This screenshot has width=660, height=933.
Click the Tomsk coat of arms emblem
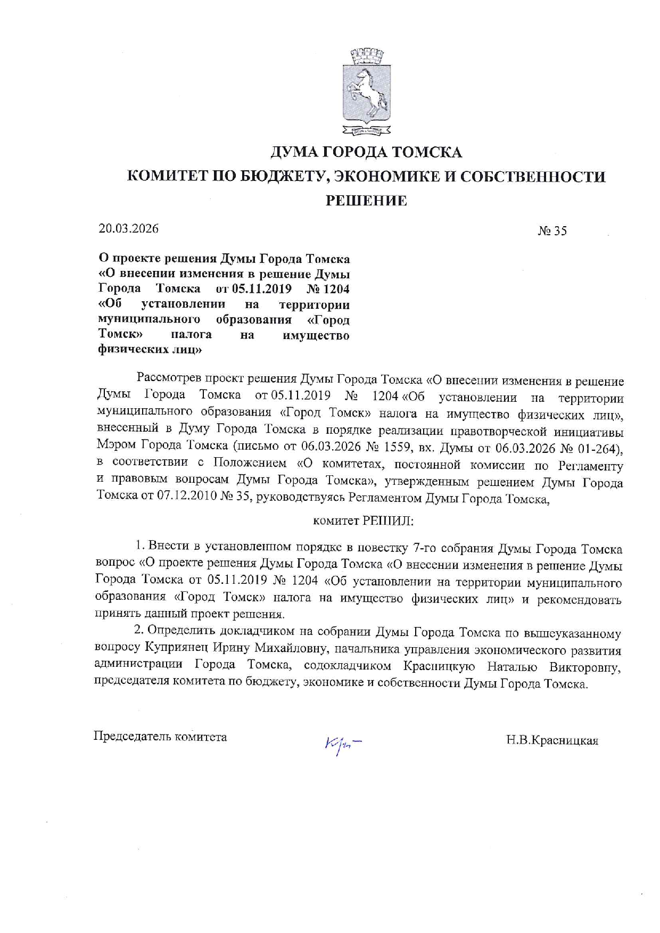point(366,91)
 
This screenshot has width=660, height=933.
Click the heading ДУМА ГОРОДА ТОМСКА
point(366,153)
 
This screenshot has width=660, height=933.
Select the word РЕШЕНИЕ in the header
point(366,201)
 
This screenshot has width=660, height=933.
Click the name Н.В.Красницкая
point(552,740)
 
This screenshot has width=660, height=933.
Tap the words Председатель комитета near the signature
point(160,737)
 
